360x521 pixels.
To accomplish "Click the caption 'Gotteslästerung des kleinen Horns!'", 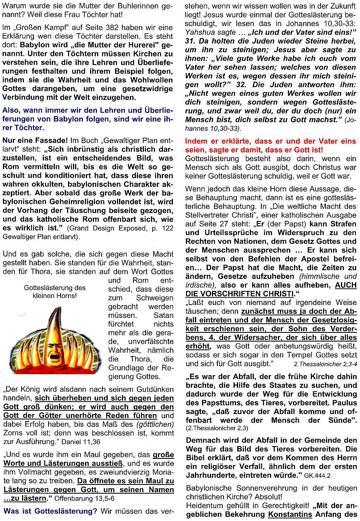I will pyautogui.click(x=55, y=291).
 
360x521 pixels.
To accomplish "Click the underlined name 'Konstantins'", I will pyautogui.click(x=291, y=515).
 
